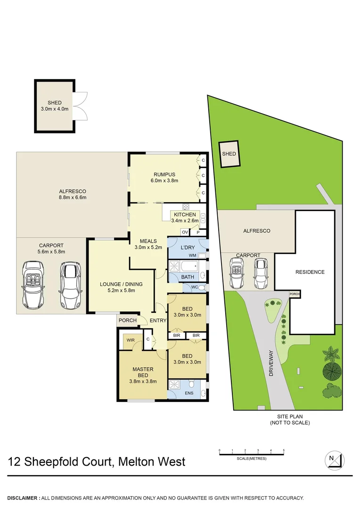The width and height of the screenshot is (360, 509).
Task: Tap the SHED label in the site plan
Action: [x=229, y=154]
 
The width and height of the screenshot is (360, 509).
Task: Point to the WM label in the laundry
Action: [x=192, y=255]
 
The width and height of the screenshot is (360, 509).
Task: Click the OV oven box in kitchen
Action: [x=185, y=232]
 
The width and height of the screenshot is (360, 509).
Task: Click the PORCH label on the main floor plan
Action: [x=128, y=320]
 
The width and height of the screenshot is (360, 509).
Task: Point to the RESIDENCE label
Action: [x=310, y=272]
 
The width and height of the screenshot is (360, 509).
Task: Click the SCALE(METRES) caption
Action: [x=252, y=459]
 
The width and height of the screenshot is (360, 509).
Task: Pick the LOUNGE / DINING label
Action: [x=121, y=287]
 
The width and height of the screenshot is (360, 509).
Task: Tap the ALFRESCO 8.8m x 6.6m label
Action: [x=72, y=194]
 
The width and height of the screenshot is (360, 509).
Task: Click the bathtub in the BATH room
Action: [x=188, y=270]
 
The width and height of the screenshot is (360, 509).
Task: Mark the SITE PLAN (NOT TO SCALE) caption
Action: [x=290, y=420]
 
